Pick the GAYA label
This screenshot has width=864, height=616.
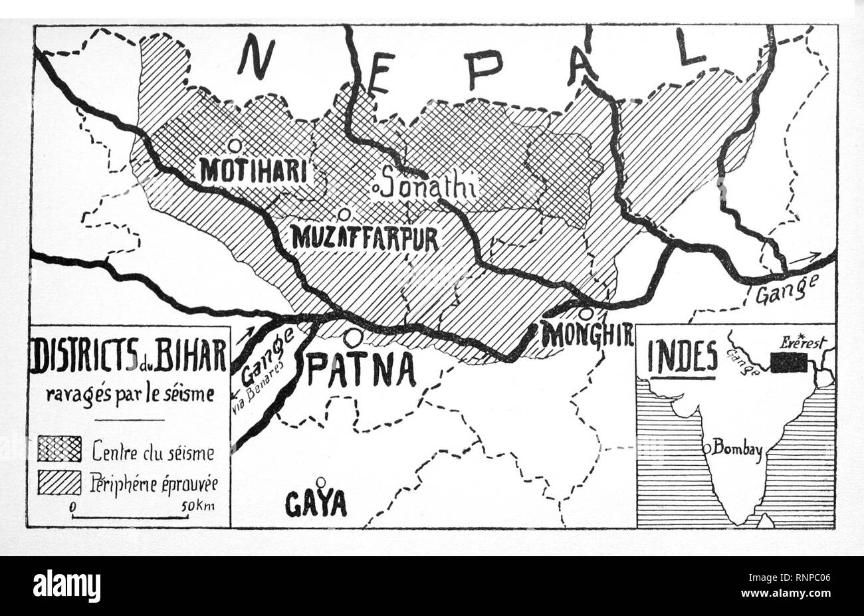316,504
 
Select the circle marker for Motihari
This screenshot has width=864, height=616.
234,145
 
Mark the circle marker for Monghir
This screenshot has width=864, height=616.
586,314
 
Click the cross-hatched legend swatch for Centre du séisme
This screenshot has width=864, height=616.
60,450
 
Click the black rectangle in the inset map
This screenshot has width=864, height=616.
789,362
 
